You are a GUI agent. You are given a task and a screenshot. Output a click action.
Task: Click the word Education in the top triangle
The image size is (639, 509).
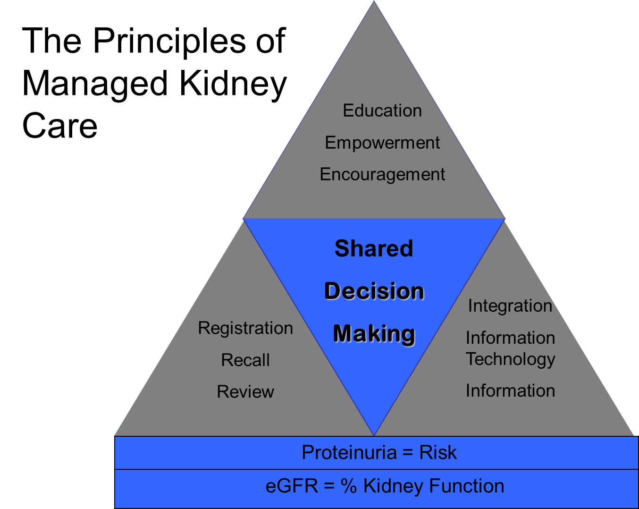(382, 110)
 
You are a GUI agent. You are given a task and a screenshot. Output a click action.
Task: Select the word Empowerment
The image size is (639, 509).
(382, 143)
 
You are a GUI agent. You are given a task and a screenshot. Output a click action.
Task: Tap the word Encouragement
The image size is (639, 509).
(382, 175)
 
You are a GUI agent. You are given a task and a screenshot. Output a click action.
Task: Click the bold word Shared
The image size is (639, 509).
(374, 248)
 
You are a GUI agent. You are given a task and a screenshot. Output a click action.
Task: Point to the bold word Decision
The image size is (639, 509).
(374, 291)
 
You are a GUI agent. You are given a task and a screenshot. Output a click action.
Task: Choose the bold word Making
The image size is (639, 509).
(374, 333)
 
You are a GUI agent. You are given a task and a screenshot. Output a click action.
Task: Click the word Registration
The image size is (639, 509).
(245, 328)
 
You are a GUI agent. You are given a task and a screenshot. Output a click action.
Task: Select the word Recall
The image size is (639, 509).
(245, 360)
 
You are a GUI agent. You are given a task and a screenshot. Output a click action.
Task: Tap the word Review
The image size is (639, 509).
(245, 392)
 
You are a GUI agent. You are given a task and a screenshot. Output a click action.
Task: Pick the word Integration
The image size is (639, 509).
(510, 306)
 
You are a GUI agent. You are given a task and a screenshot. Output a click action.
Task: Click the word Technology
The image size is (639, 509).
(511, 359)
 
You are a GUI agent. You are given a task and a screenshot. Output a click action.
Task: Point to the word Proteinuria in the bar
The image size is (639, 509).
(349, 453)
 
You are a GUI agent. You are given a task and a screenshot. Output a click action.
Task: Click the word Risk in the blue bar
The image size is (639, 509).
(438, 453)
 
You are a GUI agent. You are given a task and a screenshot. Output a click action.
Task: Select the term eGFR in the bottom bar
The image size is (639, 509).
(292, 486)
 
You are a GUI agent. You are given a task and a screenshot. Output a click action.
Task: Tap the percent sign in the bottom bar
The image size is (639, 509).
(349, 486)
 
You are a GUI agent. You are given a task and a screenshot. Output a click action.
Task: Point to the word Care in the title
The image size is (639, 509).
(60, 126)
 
